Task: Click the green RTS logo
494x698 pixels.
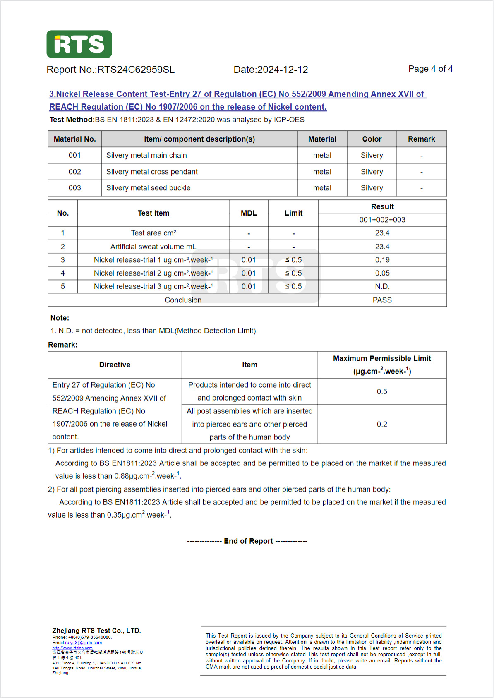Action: click(x=79, y=44)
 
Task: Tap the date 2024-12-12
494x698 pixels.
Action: click(x=283, y=70)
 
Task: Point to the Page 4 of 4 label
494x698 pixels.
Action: click(x=430, y=69)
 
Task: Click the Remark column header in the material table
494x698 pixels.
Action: click(x=421, y=139)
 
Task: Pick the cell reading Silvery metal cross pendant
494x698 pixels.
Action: click(x=152, y=172)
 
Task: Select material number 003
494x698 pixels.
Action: click(x=74, y=188)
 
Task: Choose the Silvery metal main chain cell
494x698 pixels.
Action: click(x=146, y=155)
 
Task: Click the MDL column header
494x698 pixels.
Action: click(x=249, y=213)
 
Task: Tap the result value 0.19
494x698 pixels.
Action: click(x=382, y=260)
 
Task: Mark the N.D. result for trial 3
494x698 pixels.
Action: click(x=382, y=286)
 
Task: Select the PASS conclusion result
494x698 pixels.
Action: click(x=382, y=300)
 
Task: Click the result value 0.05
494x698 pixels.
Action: click(x=382, y=273)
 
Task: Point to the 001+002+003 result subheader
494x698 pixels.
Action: click(x=382, y=220)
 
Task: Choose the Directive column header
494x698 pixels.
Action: click(x=115, y=365)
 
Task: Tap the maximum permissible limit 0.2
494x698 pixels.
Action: click(x=382, y=424)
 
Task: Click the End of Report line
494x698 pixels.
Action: click(x=247, y=541)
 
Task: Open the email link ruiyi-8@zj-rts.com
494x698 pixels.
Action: click(x=83, y=643)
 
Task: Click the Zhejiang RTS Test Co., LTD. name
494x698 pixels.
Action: click(x=96, y=631)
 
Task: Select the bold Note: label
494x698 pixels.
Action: click(x=60, y=318)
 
